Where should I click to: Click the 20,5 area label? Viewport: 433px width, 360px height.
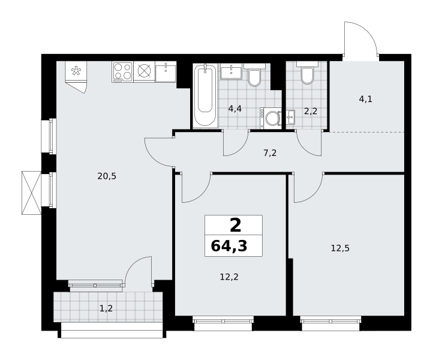(107, 176)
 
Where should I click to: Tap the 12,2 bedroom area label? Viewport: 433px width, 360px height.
(229, 277)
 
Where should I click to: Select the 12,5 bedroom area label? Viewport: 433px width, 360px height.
(340, 248)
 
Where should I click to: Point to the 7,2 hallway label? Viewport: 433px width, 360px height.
(270, 153)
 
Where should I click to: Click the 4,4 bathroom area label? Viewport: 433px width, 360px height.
(234, 109)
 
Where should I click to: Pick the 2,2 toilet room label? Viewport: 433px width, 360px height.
(311, 112)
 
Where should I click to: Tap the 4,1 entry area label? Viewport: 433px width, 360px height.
(366, 99)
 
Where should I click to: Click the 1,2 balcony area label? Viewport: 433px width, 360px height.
(106, 308)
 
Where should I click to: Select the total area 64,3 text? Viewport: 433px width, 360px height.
(229, 246)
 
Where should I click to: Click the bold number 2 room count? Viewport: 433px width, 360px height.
(235, 225)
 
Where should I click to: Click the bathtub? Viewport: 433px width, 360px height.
(205, 95)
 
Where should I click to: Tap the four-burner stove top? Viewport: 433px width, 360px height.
(122, 72)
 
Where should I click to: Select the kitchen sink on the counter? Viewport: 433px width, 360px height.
(166, 72)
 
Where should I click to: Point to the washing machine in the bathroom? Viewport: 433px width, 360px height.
(270, 118)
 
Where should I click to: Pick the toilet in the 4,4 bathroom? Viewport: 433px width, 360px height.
(254, 75)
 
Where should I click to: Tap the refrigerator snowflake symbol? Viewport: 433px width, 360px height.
(76, 71)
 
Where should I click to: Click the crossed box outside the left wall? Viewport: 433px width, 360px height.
(31, 193)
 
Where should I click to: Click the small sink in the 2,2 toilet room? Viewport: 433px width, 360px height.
(290, 118)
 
